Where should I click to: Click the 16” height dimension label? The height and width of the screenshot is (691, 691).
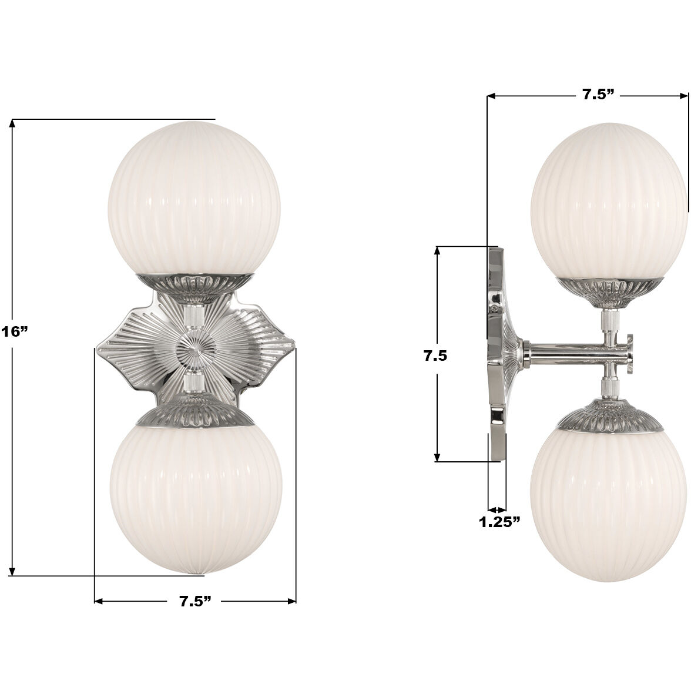click(13, 331)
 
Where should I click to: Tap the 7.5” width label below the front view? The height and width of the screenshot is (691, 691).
click(194, 601)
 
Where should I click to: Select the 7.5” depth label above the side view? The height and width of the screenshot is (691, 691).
click(598, 95)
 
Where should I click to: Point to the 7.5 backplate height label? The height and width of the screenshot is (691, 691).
click(436, 355)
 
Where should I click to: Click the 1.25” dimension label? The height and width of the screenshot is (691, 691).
click(499, 522)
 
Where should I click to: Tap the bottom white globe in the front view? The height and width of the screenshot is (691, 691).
click(195, 491)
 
